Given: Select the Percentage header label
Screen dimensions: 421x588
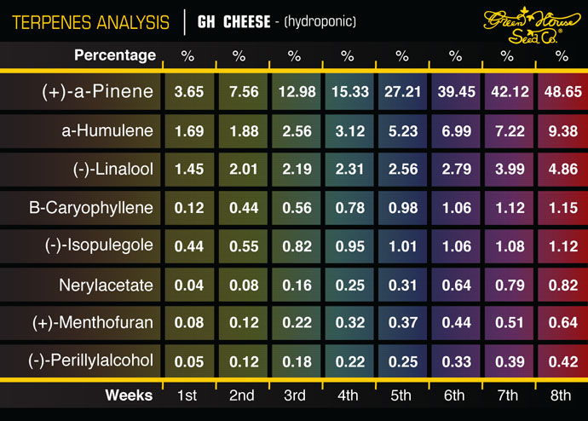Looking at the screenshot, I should [115, 56].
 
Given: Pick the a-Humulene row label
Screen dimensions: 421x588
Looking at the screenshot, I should [107, 131].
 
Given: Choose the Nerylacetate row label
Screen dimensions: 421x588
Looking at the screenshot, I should [107, 285].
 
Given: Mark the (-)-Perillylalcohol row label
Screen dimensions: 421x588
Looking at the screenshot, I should [97, 361].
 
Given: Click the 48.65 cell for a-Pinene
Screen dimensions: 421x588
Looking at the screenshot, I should [562, 93].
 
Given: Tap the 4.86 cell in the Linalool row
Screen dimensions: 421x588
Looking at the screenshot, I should [562, 170].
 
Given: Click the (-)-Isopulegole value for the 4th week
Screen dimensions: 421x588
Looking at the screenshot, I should [347, 246].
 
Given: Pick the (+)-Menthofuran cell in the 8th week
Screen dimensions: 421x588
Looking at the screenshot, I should [562, 323].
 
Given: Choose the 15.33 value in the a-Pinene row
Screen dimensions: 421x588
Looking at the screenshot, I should [347, 93].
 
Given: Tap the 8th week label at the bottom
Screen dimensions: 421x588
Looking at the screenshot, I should [562, 395].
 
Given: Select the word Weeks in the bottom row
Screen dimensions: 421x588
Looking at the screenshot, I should [130, 395].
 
